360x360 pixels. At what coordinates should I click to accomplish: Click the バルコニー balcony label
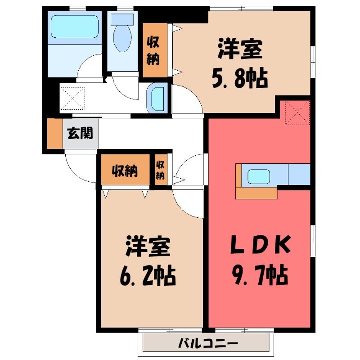[x=208, y=343]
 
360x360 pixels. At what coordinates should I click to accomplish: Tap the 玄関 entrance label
[x=80, y=133]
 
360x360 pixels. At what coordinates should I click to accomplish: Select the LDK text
[x=261, y=244]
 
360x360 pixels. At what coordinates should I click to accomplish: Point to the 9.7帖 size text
[x=260, y=274]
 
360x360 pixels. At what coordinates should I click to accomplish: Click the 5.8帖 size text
[x=240, y=78]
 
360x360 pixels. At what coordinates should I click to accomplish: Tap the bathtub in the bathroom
[x=75, y=27]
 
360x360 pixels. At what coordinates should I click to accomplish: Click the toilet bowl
[x=122, y=38]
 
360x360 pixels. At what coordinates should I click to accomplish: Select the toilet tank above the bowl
[x=122, y=19]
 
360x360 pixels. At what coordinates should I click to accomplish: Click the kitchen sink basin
[x=259, y=176]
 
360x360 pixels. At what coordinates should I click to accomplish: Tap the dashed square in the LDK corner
[x=297, y=113]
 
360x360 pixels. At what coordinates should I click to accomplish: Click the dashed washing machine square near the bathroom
[x=72, y=98]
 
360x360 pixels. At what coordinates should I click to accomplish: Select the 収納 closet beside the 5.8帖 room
[x=155, y=50]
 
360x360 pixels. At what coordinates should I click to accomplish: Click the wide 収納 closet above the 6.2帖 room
[x=126, y=170]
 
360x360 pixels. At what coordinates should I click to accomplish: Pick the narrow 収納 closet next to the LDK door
[x=161, y=170]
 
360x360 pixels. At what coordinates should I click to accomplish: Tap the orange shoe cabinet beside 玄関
[x=55, y=134]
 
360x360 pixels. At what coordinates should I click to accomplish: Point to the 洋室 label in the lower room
[x=148, y=246]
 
